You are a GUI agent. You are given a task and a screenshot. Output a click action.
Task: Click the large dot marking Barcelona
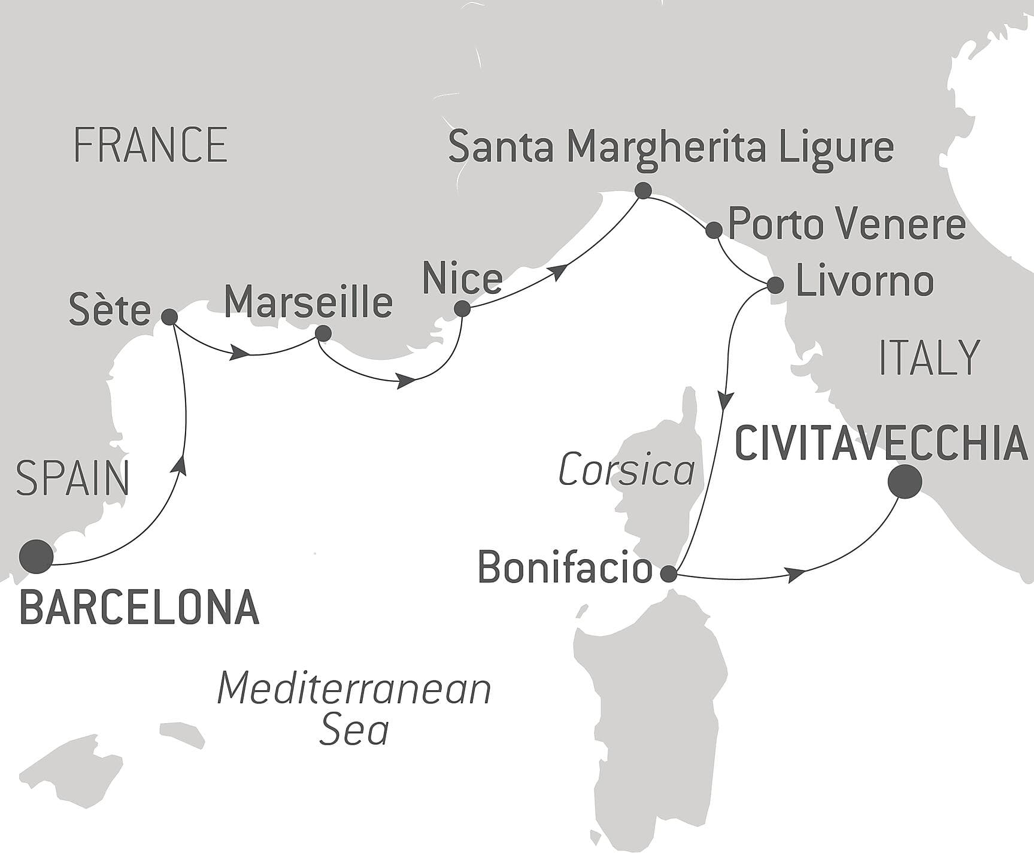[x=36, y=556]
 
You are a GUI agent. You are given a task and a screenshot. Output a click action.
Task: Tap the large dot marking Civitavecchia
[x=904, y=481]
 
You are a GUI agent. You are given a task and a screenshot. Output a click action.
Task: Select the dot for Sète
[x=169, y=317]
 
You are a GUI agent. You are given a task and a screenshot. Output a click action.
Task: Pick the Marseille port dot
[x=323, y=333]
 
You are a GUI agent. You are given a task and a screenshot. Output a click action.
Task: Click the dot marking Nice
[x=462, y=309]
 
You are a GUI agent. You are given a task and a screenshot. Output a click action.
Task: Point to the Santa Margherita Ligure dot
[x=643, y=191]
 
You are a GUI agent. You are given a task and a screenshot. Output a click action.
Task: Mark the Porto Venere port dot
[x=714, y=230]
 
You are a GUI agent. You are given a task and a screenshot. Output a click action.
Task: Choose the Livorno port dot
[x=775, y=284]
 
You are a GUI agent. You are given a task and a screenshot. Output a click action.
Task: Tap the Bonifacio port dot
[x=668, y=574]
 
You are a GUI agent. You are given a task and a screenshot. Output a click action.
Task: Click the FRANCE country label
[x=150, y=145]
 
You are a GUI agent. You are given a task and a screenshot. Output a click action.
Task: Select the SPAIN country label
[x=72, y=478]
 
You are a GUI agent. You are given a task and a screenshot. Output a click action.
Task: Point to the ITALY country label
[x=929, y=357]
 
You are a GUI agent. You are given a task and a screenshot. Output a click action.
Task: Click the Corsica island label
[x=626, y=470]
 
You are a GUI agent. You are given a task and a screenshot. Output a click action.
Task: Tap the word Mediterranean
[x=354, y=688]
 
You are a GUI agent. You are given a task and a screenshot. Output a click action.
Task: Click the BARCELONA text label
[x=140, y=607]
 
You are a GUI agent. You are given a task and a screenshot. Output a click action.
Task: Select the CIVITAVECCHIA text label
[x=881, y=443]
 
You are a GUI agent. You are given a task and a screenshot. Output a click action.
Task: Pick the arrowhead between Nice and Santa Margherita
[x=559, y=271]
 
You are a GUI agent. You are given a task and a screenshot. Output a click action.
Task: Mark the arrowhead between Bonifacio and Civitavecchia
[x=796, y=575]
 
